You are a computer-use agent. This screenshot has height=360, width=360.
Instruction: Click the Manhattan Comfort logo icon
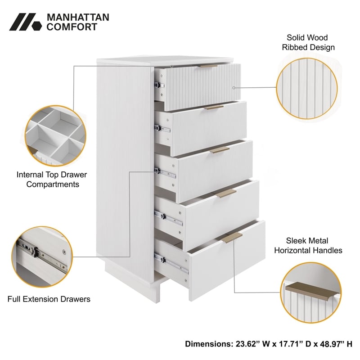point(25,22)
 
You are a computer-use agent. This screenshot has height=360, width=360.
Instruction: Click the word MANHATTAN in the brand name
point(78,17)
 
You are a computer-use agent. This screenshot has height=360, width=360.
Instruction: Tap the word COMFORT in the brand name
point(72,27)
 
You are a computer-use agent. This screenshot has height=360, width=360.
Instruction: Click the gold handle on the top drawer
point(208,66)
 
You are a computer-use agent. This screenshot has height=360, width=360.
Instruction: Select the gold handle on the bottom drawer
point(232,237)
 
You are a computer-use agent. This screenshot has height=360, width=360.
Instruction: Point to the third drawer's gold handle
point(220,149)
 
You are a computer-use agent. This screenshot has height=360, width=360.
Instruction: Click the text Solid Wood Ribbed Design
point(308,42)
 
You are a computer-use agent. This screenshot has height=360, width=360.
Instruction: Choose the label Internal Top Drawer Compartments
point(52,179)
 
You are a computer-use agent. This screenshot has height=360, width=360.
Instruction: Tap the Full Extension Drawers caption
point(49,299)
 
